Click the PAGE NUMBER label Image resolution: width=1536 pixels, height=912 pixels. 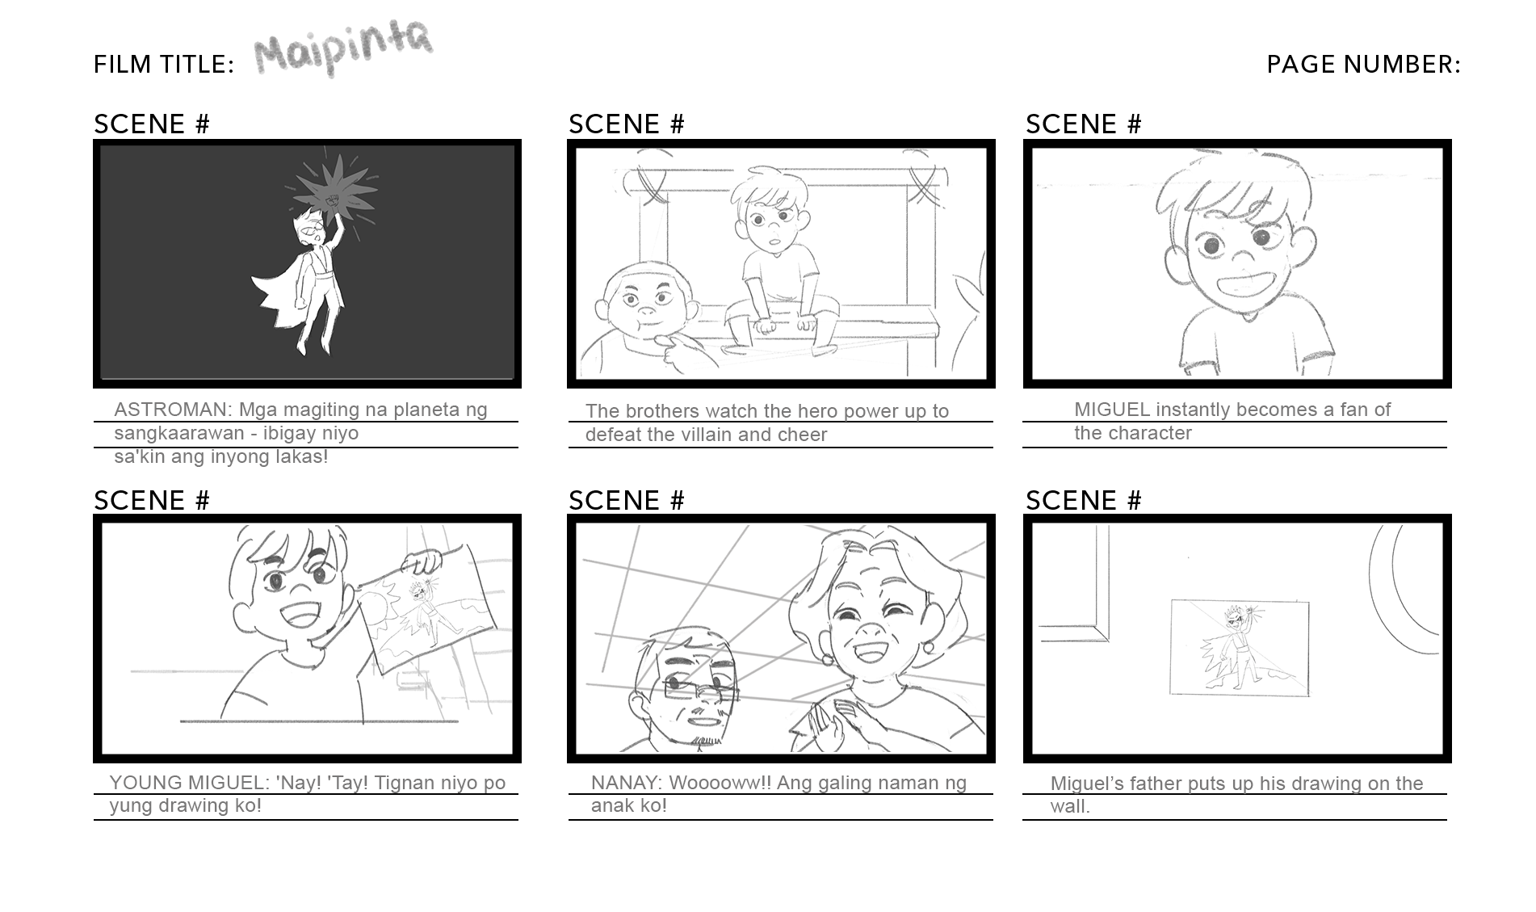pos(1363,64)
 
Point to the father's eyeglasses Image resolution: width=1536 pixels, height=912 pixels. pos(700,689)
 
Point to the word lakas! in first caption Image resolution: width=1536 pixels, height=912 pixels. pos(300,456)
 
